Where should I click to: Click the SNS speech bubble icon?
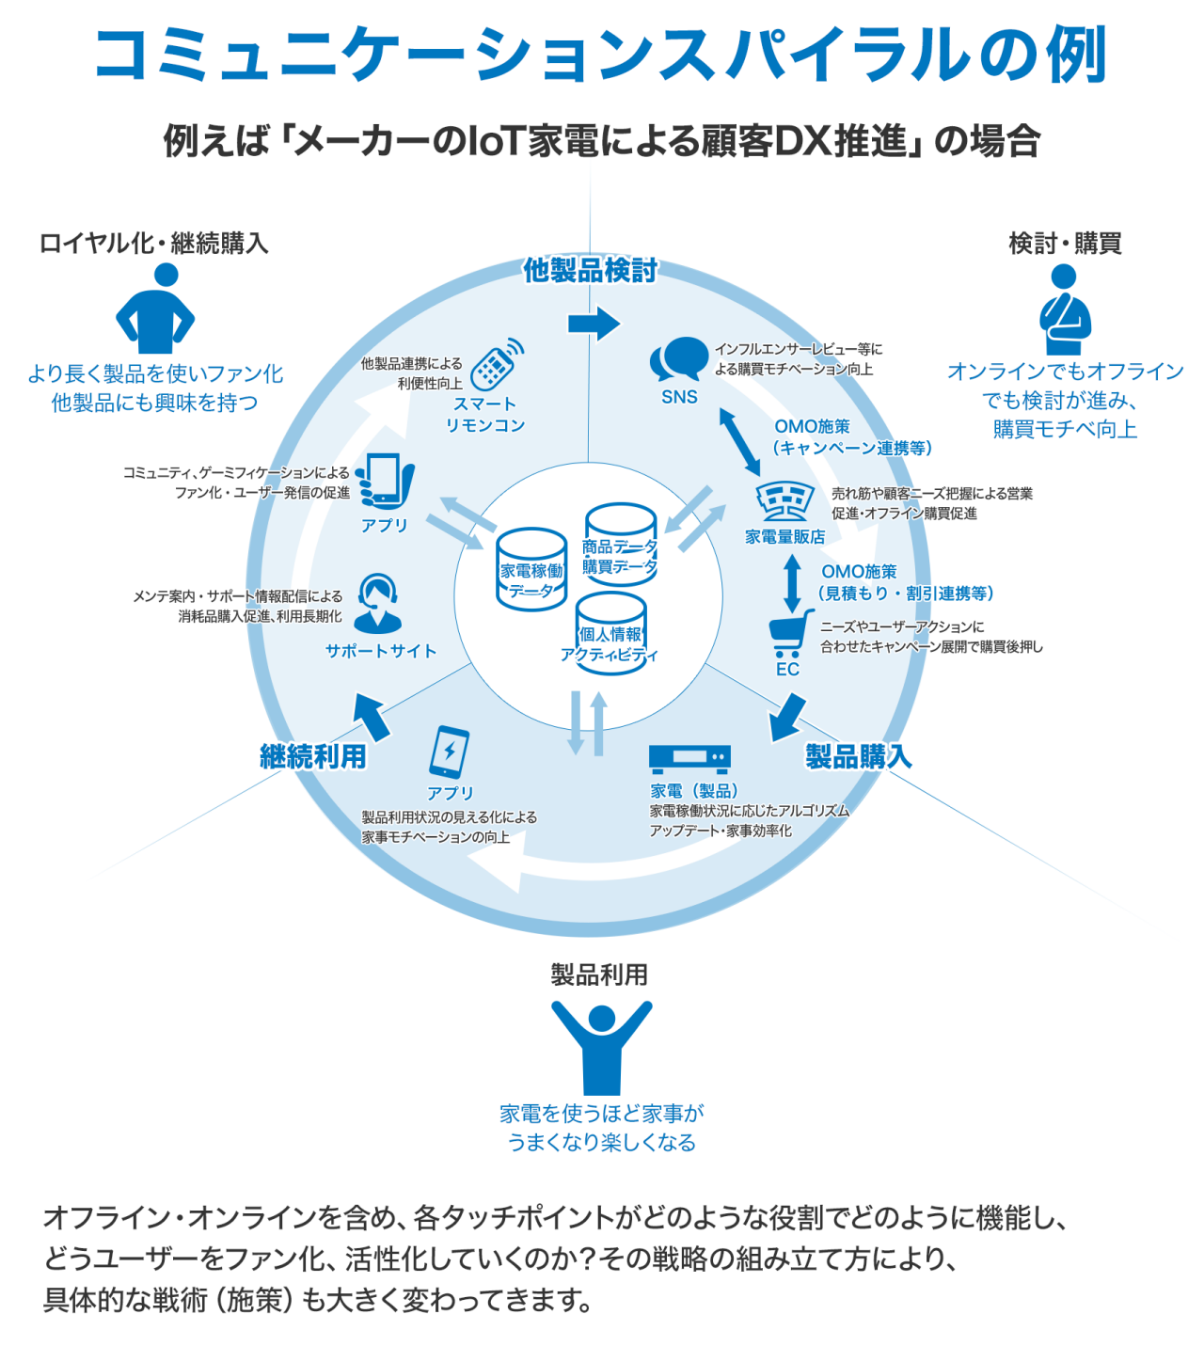point(678,360)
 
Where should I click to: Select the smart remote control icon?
point(496,365)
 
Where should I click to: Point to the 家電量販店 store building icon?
point(785,501)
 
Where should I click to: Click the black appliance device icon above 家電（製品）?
point(689,758)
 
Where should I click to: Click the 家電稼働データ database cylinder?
point(531,568)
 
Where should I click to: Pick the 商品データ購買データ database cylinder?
point(620,544)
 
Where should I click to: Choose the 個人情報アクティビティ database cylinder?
point(610,632)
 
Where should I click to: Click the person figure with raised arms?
point(601,1045)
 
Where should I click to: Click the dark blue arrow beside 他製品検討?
point(594,324)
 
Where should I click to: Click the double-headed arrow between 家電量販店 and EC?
point(793,582)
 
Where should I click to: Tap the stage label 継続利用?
point(312,756)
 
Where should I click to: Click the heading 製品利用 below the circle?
point(599,974)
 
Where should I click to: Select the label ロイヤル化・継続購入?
point(154,244)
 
